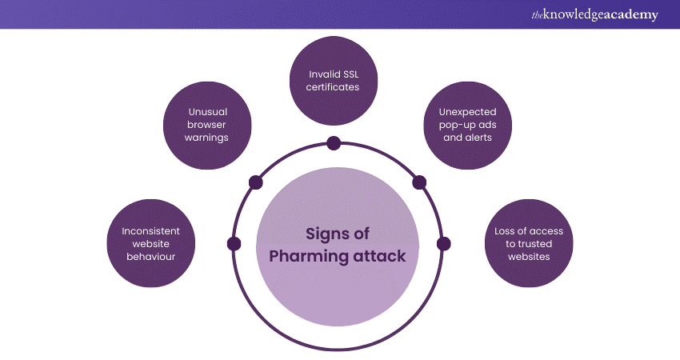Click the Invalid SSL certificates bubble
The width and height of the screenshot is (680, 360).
click(334, 80)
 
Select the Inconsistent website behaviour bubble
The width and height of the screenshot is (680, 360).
click(150, 244)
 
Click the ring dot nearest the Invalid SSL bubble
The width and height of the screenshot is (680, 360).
click(334, 144)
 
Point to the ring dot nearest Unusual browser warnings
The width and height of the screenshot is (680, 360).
click(256, 182)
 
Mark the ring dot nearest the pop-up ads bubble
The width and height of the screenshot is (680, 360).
click(418, 183)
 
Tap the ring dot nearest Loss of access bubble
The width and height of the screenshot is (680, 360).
click(443, 243)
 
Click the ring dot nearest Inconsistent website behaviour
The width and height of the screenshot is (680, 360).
click(234, 243)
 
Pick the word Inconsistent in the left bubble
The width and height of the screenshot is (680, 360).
click(150, 231)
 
